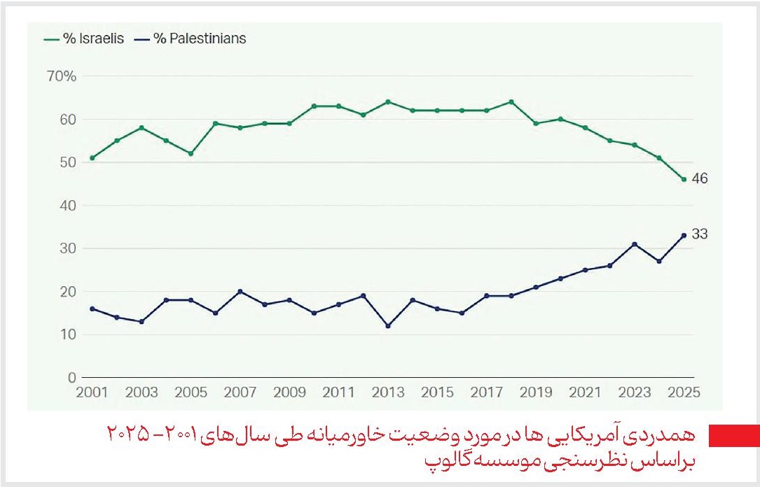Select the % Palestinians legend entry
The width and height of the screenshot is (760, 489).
(193, 38)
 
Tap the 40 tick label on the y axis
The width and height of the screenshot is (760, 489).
(67, 206)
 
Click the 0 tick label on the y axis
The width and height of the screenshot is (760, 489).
(71, 378)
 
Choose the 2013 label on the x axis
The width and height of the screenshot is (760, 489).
(387, 392)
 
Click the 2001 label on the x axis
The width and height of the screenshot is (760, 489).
(92, 392)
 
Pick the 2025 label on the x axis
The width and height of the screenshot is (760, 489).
(683, 392)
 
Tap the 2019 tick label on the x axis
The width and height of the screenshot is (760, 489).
(535, 392)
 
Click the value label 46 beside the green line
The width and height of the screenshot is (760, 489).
(699, 179)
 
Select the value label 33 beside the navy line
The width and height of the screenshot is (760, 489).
(699, 234)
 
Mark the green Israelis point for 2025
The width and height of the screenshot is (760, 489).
(683, 179)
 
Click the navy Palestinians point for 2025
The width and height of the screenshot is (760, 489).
(683, 235)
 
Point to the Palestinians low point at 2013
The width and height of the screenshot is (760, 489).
(387, 326)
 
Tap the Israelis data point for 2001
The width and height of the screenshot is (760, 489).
(92, 158)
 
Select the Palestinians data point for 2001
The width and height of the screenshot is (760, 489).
(92, 309)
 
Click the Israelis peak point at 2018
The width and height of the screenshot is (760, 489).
(511, 102)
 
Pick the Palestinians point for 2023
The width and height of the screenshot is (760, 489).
(634, 244)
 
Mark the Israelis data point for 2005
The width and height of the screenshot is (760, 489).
(191, 154)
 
